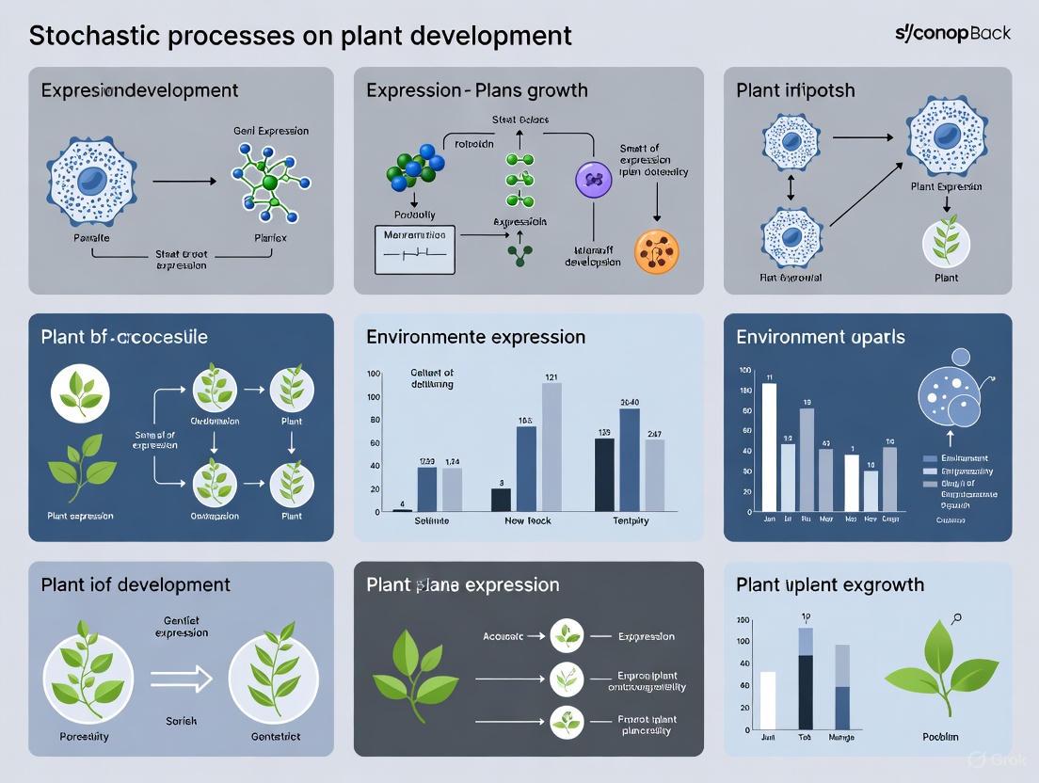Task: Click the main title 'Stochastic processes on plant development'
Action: click(300, 36)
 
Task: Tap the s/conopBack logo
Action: click(952, 33)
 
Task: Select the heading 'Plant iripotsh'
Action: click(795, 90)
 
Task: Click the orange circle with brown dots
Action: click(656, 252)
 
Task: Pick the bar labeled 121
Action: click(551, 446)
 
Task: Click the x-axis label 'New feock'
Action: click(527, 520)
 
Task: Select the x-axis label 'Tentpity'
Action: click(630, 520)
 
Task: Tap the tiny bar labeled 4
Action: click(402, 509)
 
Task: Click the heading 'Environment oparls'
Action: click(821, 337)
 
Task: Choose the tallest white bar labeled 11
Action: click(769, 446)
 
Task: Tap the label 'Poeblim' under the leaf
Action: click(940, 736)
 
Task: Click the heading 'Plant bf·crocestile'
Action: click(124, 337)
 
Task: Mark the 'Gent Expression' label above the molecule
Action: click(270, 131)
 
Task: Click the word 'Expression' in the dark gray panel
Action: click(646, 636)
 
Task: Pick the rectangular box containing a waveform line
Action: click(414, 249)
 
